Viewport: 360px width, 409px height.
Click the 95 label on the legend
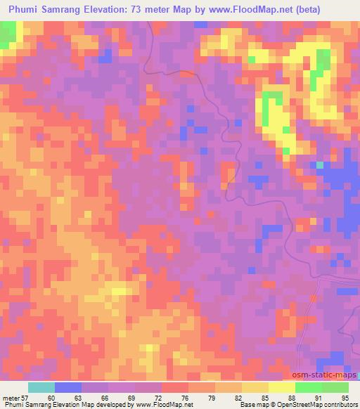[345, 398]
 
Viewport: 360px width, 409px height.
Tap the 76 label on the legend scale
[184, 398]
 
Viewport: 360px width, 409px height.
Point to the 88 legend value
[291, 398]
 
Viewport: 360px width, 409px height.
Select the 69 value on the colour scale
[131, 398]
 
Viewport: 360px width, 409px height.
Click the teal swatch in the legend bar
[41, 387]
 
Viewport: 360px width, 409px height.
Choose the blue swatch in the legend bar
[68, 387]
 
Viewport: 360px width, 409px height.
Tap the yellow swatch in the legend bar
[282, 387]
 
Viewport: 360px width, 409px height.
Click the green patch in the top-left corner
[7, 33]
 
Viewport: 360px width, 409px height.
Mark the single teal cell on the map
[320, 165]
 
